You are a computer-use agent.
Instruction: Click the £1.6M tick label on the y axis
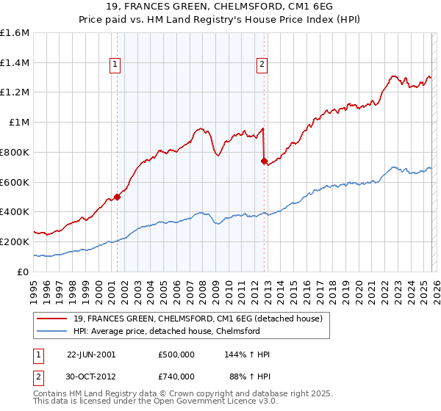pos(15,33)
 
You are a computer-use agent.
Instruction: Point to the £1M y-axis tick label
pos(19,123)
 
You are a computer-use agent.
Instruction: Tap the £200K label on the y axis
pos(15,241)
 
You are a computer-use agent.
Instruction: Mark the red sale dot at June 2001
pos(117,197)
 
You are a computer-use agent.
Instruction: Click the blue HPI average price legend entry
pos(167,331)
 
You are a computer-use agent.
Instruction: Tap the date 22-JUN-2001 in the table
pos(91,354)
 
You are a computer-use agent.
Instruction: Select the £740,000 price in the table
pos(176,376)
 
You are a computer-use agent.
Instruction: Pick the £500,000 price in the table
pos(176,354)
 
